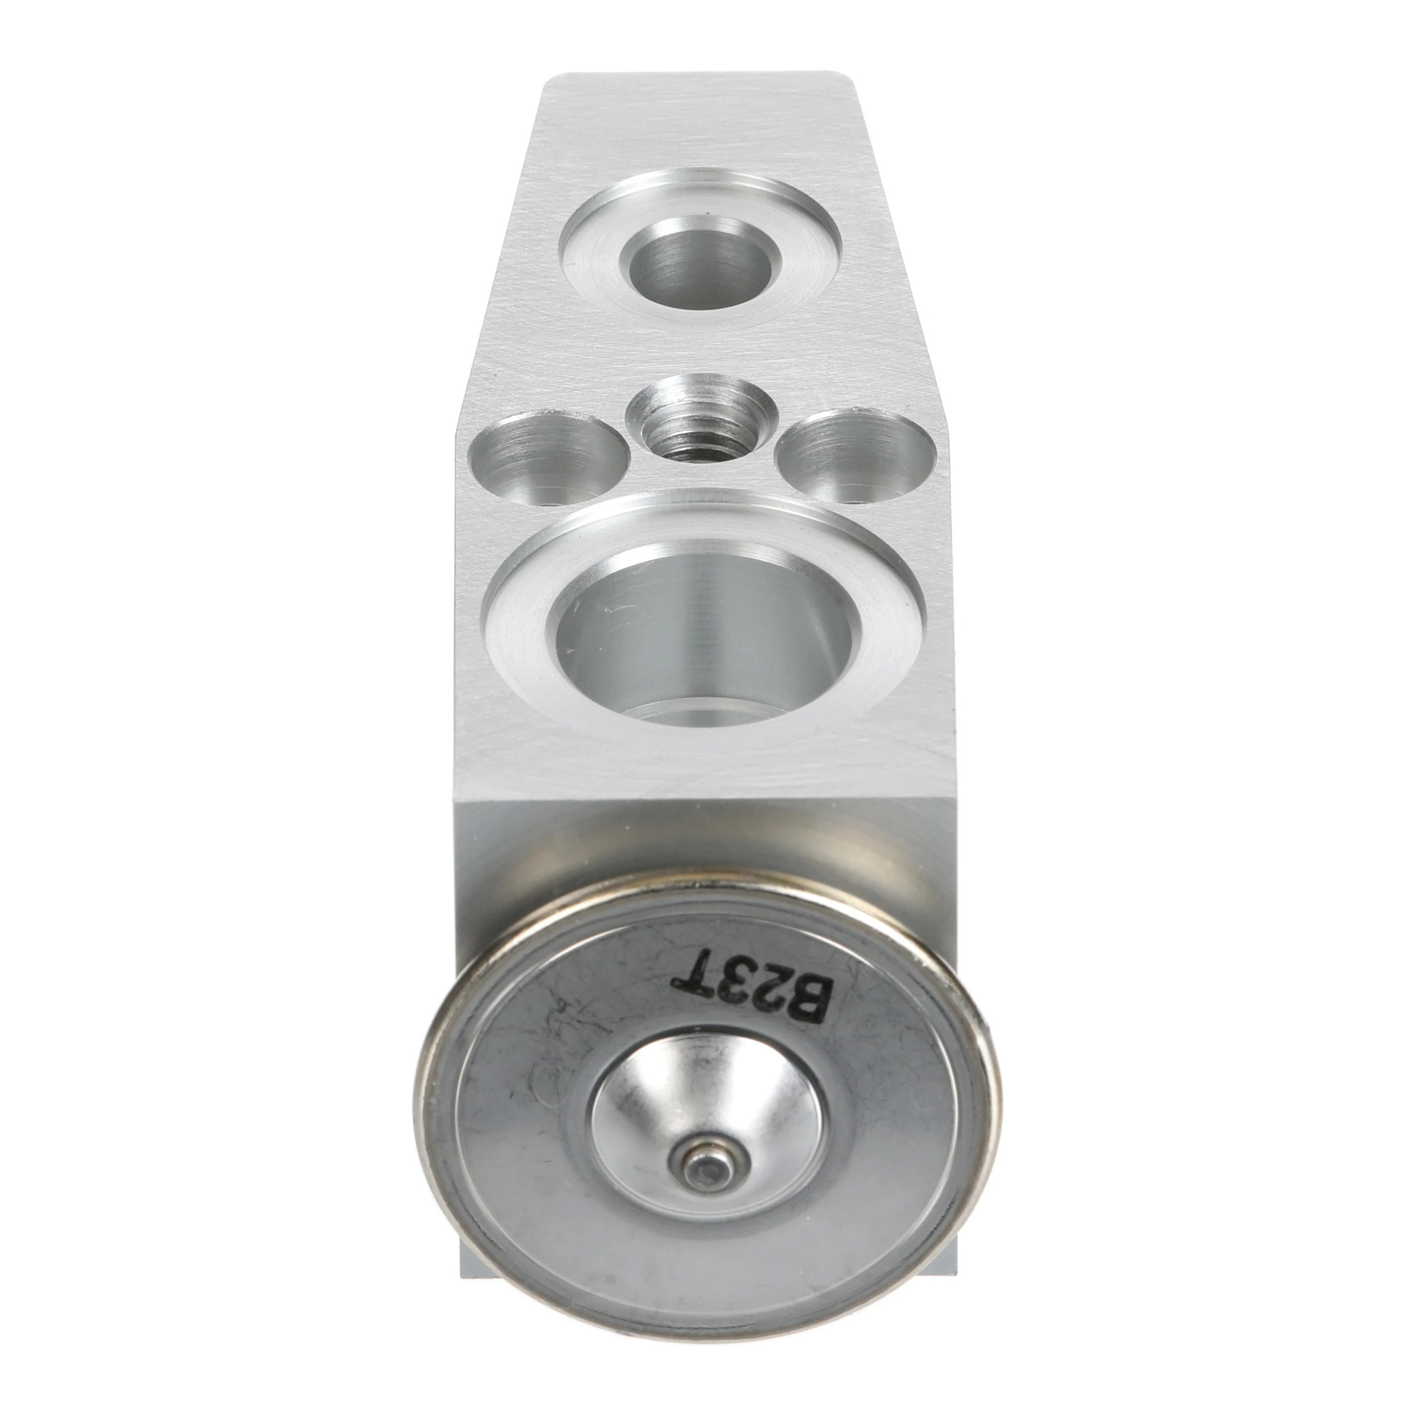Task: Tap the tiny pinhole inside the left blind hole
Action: (555, 502)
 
